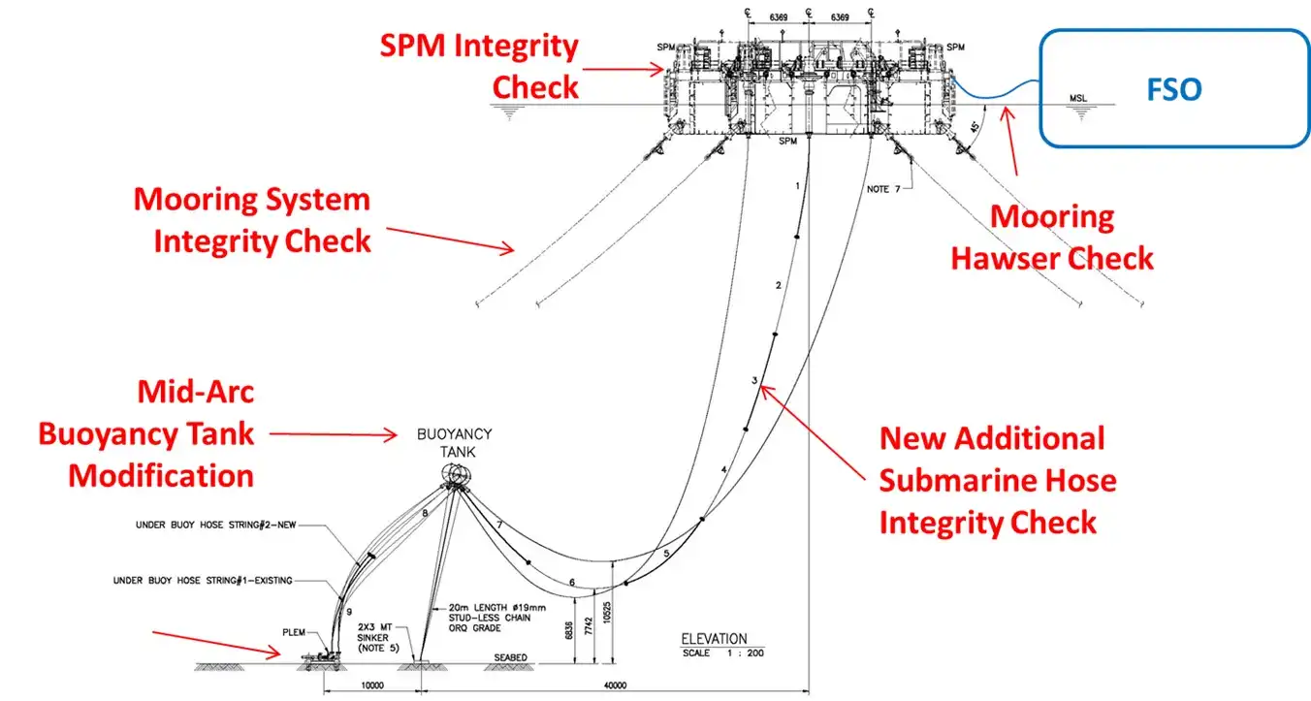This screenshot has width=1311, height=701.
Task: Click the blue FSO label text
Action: (1174, 90)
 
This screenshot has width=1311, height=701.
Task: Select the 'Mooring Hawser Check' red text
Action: (1052, 237)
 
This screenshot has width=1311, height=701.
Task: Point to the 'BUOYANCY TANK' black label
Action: (455, 442)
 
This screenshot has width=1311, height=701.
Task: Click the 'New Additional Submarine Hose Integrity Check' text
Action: (997, 480)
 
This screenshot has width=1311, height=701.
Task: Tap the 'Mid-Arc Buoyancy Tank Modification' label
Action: (146, 433)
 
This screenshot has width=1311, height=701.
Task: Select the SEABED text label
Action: (510, 658)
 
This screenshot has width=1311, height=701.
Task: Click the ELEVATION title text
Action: (714, 639)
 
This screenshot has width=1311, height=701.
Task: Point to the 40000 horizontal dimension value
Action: (615, 685)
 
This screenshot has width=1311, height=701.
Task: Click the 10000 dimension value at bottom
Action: (372, 685)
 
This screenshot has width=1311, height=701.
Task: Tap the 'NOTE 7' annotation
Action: (882, 189)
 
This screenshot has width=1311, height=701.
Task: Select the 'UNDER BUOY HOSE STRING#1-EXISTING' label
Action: (202, 581)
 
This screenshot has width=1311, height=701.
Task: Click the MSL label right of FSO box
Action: (1078, 98)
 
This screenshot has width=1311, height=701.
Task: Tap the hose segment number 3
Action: (753, 381)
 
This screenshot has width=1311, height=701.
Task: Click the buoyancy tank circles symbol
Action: (457, 474)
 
